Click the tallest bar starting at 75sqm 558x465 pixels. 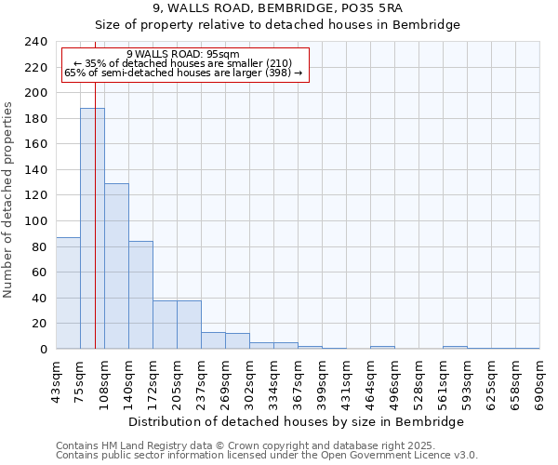click(92, 229)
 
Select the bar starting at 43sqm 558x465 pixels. click(68, 293)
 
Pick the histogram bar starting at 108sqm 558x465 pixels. click(116, 266)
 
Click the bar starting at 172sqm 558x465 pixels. click(165, 325)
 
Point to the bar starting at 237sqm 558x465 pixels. click(213, 340)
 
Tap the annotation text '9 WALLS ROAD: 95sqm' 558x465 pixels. click(183, 54)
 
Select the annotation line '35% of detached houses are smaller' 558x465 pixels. click(183, 63)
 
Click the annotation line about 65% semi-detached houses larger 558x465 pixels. click(183, 73)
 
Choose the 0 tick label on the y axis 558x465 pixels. click(43, 350)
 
